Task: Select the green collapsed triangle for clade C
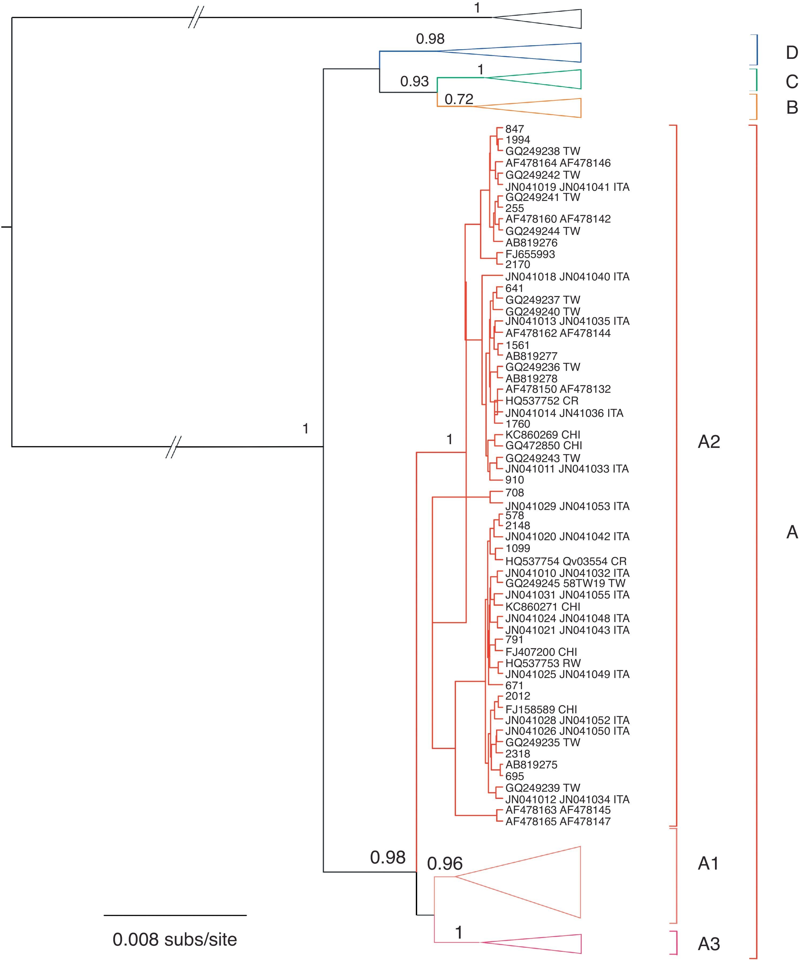(x=549, y=79)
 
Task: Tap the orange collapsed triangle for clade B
(x=549, y=108)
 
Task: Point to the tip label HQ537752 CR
(x=542, y=401)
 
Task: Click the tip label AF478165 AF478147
(x=558, y=821)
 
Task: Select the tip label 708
(x=514, y=493)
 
